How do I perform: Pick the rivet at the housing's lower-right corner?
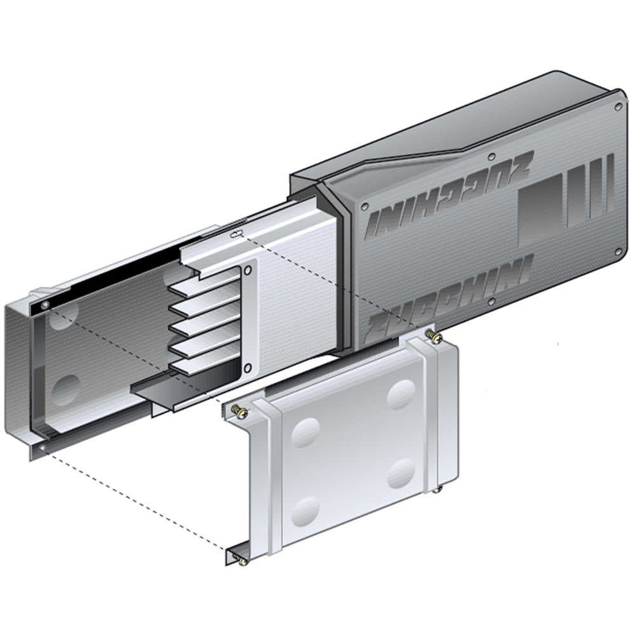618,252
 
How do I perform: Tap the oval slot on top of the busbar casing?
236,234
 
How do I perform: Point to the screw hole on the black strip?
44,306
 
